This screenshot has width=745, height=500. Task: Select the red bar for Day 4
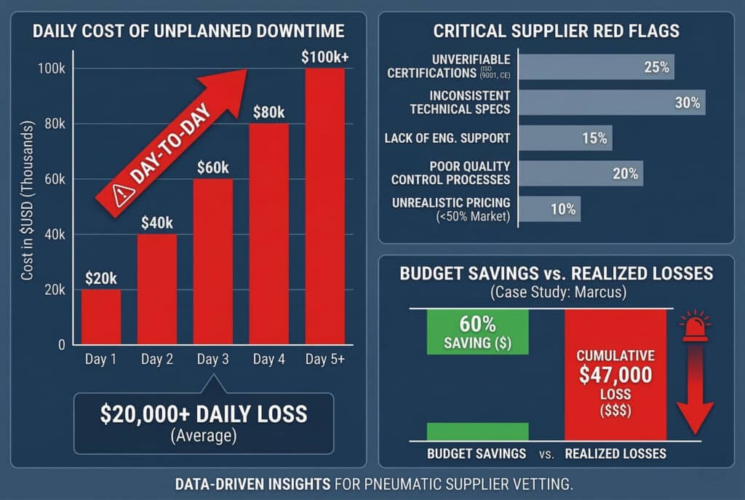(268, 233)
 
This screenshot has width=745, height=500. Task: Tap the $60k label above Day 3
(213, 167)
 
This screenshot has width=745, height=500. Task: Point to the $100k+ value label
(325, 56)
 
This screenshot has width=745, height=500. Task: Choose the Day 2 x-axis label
(157, 360)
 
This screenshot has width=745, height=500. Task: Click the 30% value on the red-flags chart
(687, 103)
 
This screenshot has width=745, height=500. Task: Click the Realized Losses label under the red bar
(615, 453)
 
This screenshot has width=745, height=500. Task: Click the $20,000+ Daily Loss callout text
(203, 414)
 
